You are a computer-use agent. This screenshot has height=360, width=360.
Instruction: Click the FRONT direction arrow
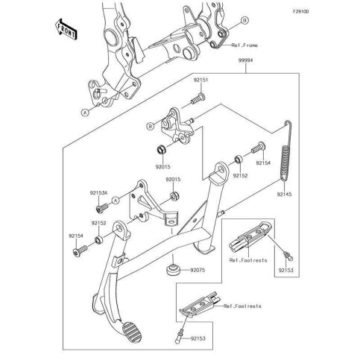tap(66, 29)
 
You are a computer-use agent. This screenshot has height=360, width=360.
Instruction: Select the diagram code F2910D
tap(300, 11)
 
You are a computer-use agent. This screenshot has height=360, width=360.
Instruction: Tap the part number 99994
tap(245, 60)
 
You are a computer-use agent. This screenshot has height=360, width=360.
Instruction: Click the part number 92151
tap(200, 80)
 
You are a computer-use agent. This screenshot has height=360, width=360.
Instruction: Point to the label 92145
tap(285, 194)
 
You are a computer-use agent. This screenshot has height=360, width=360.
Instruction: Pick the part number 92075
tap(198, 270)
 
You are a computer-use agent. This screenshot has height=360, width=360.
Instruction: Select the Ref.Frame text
tap(244, 45)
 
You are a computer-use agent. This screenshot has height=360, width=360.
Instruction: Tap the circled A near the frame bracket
tap(85, 113)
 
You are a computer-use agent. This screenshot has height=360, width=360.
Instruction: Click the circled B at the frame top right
tap(244, 21)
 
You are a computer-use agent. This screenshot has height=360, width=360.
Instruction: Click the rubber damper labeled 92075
tap(172, 270)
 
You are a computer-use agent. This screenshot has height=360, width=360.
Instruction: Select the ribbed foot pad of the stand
tap(132, 332)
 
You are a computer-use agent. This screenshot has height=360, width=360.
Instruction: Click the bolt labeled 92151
tap(198, 99)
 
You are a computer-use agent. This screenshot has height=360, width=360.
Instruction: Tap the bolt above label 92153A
tap(102, 208)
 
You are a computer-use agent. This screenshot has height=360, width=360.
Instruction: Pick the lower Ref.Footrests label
tap(242, 306)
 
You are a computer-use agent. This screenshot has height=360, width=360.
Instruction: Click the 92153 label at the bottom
tap(198, 338)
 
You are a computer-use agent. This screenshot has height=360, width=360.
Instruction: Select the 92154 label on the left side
tap(76, 236)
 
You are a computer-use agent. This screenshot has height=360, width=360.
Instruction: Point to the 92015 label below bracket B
tap(163, 167)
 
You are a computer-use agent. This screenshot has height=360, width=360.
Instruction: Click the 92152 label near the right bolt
tap(240, 175)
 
